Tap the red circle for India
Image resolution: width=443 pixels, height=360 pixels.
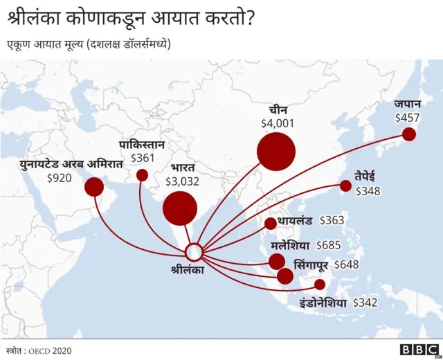coord(180,208)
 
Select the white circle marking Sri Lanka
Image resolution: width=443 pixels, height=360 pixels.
coord(195,251)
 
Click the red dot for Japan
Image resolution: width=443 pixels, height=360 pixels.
coord(409,134)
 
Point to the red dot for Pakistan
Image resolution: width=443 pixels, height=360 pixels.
coord(142,175)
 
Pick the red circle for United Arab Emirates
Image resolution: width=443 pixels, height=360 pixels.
coord(94,187)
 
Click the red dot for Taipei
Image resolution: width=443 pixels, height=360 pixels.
coord(345,185)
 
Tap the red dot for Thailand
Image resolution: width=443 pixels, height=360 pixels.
coord(270,223)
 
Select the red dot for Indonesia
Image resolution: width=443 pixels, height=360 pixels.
coord(319,284)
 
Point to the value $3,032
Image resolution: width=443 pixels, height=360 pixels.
coord(182,181)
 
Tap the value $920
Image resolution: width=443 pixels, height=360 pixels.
coord(59,178)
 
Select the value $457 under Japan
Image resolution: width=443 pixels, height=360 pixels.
coord(407,118)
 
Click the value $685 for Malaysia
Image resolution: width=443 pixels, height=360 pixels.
coord(329,244)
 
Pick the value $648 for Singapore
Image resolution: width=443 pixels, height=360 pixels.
coord(347,264)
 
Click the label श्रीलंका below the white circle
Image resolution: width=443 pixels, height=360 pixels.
coord(187,270)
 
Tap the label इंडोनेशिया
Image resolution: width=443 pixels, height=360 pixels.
coord(323,303)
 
